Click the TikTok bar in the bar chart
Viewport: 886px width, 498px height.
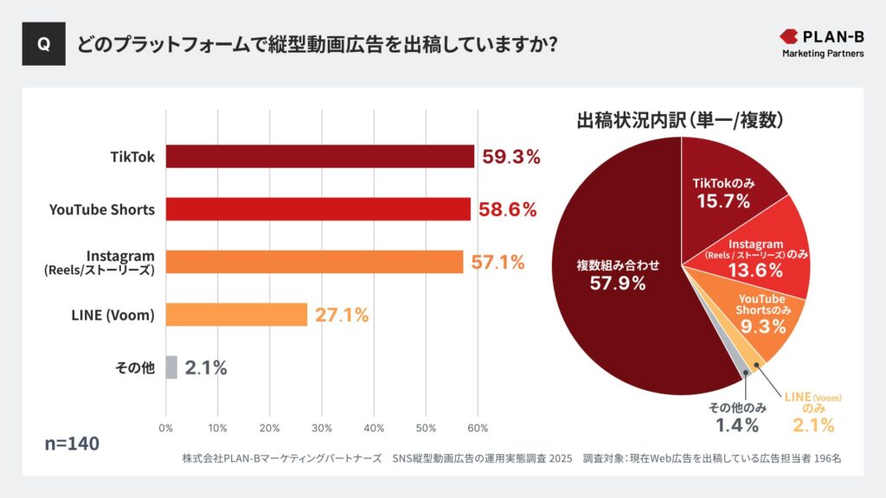[319, 156]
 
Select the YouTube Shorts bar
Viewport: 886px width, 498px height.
[318, 209]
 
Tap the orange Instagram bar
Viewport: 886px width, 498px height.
[314, 262]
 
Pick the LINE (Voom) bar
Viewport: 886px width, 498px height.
[236, 315]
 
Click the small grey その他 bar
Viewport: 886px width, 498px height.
[171, 367]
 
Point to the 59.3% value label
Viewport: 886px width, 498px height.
[511, 156]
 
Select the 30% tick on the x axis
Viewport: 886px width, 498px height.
[322, 428]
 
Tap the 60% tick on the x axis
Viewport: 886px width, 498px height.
[478, 428]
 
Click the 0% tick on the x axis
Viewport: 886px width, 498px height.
[166, 428]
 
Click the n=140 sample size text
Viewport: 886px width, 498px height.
[72, 444]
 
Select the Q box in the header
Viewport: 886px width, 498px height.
[44, 45]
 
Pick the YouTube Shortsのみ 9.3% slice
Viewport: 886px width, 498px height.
[761, 316]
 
